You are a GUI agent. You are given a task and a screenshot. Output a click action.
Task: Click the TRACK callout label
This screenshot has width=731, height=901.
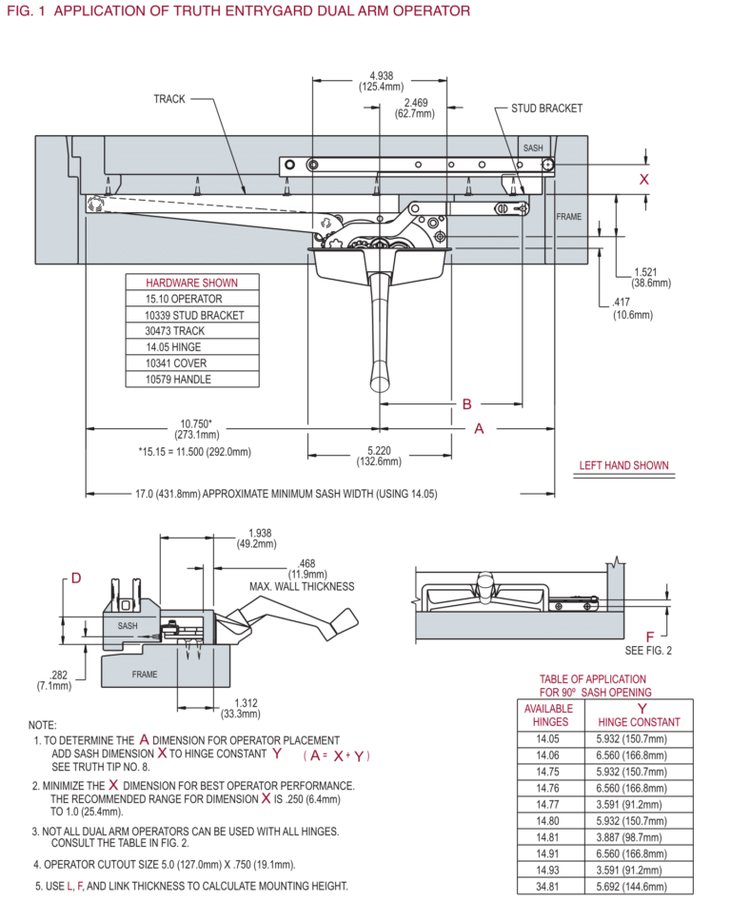pyautogui.click(x=168, y=99)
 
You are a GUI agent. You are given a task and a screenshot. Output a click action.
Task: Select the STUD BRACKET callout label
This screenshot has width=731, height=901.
pyautogui.click(x=546, y=108)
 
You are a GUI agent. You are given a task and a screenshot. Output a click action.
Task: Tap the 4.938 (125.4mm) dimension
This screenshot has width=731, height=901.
pyautogui.click(x=382, y=80)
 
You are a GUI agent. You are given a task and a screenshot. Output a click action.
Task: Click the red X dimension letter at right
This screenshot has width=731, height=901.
pyautogui.click(x=644, y=179)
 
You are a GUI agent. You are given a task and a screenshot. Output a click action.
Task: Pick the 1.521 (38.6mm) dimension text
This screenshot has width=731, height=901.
pyautogui.click(x=650, y=277)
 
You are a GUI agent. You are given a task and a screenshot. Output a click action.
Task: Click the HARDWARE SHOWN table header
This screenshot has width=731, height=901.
pyautogui.click(x=191, y=283)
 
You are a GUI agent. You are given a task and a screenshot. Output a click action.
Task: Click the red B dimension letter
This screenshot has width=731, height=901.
pyautogui.click(x=466, y=404)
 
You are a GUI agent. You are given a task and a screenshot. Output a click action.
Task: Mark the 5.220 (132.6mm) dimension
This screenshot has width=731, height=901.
pyautogui.click(x=380, y=456)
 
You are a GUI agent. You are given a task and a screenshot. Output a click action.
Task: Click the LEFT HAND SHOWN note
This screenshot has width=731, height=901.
pyautogui.click(x=624, y=466)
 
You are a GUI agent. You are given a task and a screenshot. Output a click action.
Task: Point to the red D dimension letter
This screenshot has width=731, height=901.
pyautogui.click(x=76, y=578)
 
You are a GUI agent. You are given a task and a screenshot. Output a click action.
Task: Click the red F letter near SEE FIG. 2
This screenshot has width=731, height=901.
pyautogui.click(x=650, y=636)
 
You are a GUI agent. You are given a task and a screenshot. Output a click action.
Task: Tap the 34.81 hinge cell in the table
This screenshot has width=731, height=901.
pyautogui.click(x=546, y=886)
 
